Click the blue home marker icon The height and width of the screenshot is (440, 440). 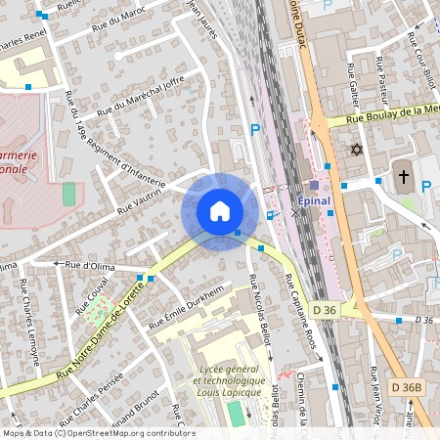tap(220, 211)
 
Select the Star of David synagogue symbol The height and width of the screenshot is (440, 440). tap(356, 150)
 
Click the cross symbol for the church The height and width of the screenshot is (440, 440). tap(404, 176)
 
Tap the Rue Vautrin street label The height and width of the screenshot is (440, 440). tap(139, 201)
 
